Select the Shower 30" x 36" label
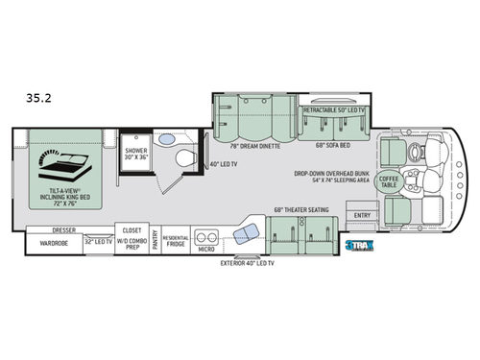click(133, 155)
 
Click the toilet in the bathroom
click(188, 157)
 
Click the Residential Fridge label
click(175, 240)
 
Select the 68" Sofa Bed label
click(331, 146)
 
